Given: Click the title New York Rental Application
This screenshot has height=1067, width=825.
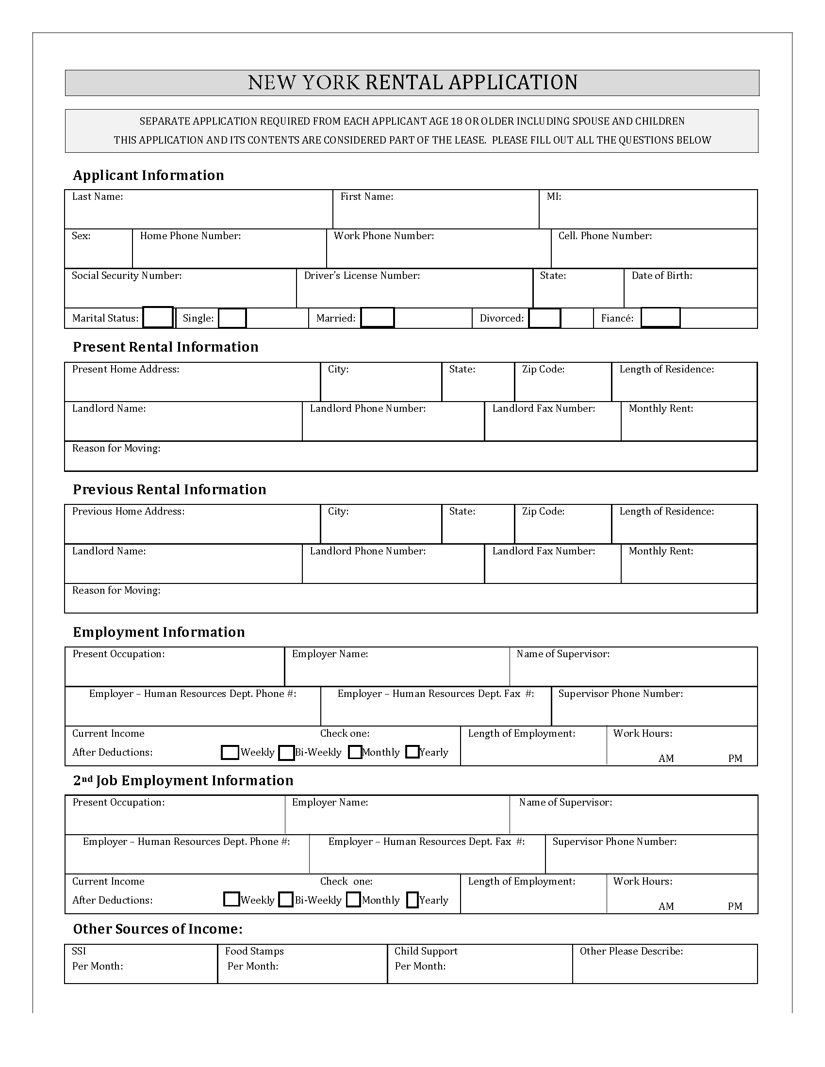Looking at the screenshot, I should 412,82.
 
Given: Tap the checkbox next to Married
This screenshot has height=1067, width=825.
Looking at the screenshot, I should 377,318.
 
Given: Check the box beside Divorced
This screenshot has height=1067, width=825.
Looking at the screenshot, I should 544,318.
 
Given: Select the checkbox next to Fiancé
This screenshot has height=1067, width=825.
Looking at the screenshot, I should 660,318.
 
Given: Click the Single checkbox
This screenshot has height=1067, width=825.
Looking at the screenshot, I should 231,318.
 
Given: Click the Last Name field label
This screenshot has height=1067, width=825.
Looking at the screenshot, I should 97,196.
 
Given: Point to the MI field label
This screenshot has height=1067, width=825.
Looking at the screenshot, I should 553,196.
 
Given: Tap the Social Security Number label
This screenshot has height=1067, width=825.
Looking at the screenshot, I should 127,275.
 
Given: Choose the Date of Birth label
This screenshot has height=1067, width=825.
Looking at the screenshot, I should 661,275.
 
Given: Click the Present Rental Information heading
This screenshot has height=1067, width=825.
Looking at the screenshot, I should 165,347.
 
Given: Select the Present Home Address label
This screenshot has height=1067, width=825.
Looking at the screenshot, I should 126,370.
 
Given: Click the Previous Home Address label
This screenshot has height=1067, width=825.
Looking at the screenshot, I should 128,512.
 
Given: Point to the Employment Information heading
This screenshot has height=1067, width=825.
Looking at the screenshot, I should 158,632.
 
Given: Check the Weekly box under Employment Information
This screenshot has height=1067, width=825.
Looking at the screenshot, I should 230,752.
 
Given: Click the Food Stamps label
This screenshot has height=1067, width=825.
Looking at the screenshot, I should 254,951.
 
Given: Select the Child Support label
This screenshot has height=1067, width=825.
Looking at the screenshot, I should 426,951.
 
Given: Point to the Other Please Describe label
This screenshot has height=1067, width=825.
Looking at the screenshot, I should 631,951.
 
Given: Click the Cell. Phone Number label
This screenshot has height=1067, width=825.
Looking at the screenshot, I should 605,236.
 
